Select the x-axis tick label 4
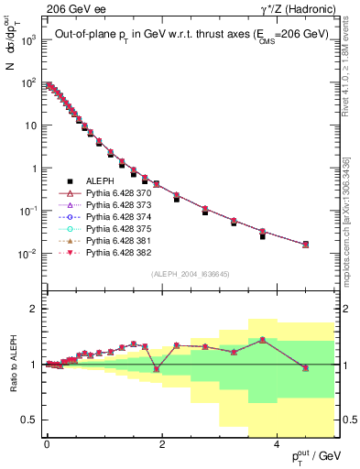pyautogui.click(x=278, y=443)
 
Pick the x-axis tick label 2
pyautogui.click(x=162, y=443)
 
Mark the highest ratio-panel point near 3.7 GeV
pyautogui.click(x=262, y=340)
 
